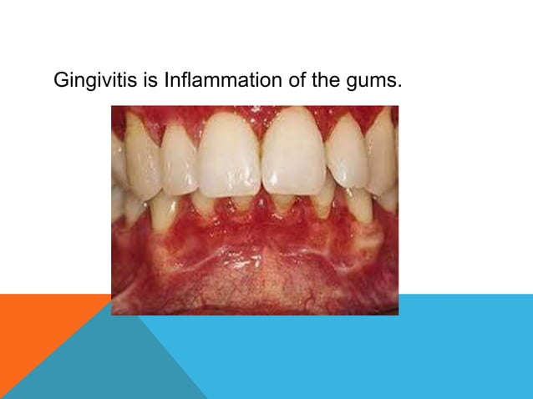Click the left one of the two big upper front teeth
[230, 154]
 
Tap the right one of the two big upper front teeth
[292, 154]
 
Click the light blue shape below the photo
[376, 359]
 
